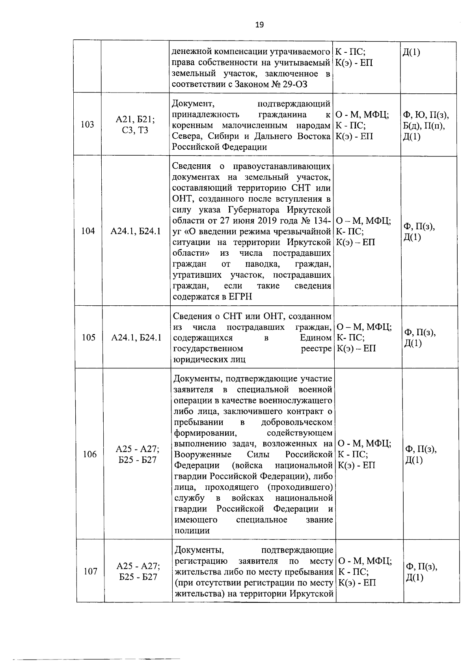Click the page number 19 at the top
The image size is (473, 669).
(259, 25)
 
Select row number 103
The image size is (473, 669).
(87, 125)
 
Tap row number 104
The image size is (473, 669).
(88, 231)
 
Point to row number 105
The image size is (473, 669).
(88, 337)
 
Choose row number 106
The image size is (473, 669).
(90, 454)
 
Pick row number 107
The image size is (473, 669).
(90, 571)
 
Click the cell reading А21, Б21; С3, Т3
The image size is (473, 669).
(135, 125)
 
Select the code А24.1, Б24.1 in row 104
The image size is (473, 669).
(136, 231)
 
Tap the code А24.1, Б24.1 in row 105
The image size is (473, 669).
(136, 337)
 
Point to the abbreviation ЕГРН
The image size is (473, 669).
(240, 297)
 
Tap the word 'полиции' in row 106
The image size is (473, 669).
(192, 530)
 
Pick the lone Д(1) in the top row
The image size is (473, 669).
(412, 52)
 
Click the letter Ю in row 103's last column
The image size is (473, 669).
(421, 115)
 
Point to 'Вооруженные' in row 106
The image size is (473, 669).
(203, 454)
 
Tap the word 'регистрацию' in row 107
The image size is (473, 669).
(201, 561)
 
